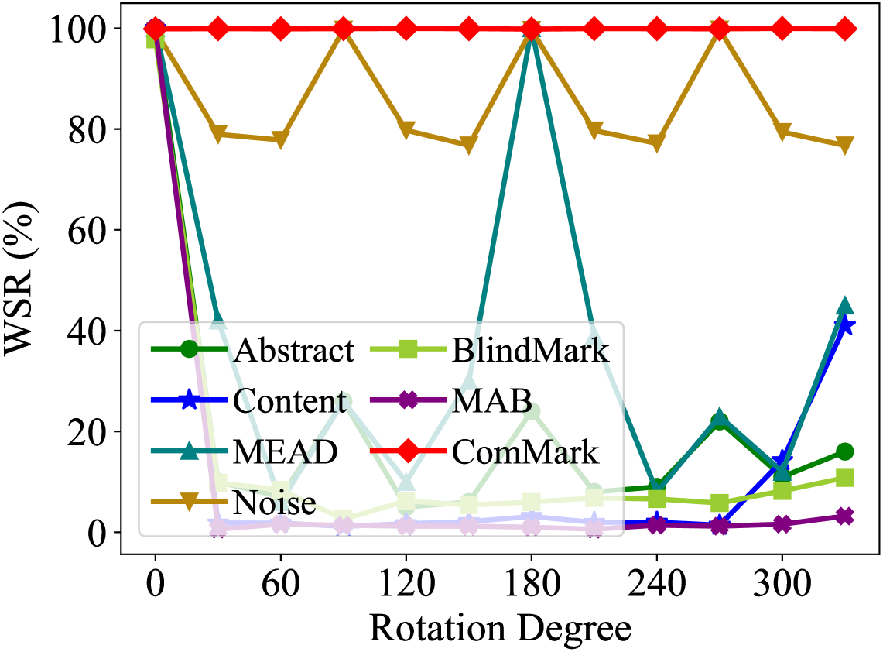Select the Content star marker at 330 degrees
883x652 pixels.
[844, 326]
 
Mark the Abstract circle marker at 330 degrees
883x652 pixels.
[844, 451]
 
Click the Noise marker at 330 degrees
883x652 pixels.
[844, 146]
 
